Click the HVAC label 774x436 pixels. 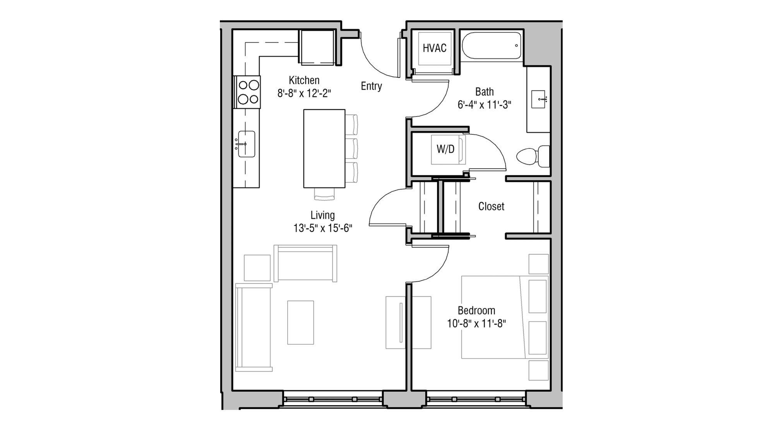click(x=434, y=48)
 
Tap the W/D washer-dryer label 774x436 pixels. click(x=445, y=149)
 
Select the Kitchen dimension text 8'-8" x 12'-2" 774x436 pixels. click(x=304, y=93)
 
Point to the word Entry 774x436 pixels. click(x=371, y=86)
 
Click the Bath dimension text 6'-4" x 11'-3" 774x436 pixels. click(x=484, y=105)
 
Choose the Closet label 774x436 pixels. click(x=491, y=206)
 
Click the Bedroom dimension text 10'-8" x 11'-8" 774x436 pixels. click(x=476, y=324)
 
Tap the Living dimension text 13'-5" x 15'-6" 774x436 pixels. click(x=322, y=228)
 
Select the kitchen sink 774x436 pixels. click(x=246, y=144)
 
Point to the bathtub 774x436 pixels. click(x=491, y=46)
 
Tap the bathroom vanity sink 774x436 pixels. click(x=538, y=99)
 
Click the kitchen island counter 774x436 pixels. click(x=324, y=148)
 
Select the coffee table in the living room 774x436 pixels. click(x=300, y=323)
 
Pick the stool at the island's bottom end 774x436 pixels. click(x=324, y=194)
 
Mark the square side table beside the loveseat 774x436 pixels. click(x=257, y=268)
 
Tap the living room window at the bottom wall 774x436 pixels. click(x=333, y=399)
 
